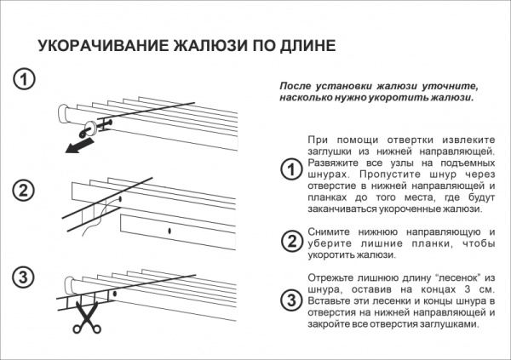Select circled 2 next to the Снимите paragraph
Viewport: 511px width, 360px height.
290,242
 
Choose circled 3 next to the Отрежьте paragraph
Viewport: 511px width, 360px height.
290,300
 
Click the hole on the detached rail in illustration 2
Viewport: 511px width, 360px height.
173,231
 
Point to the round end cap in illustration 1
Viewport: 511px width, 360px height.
65,113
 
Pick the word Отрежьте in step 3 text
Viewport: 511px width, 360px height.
330,277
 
